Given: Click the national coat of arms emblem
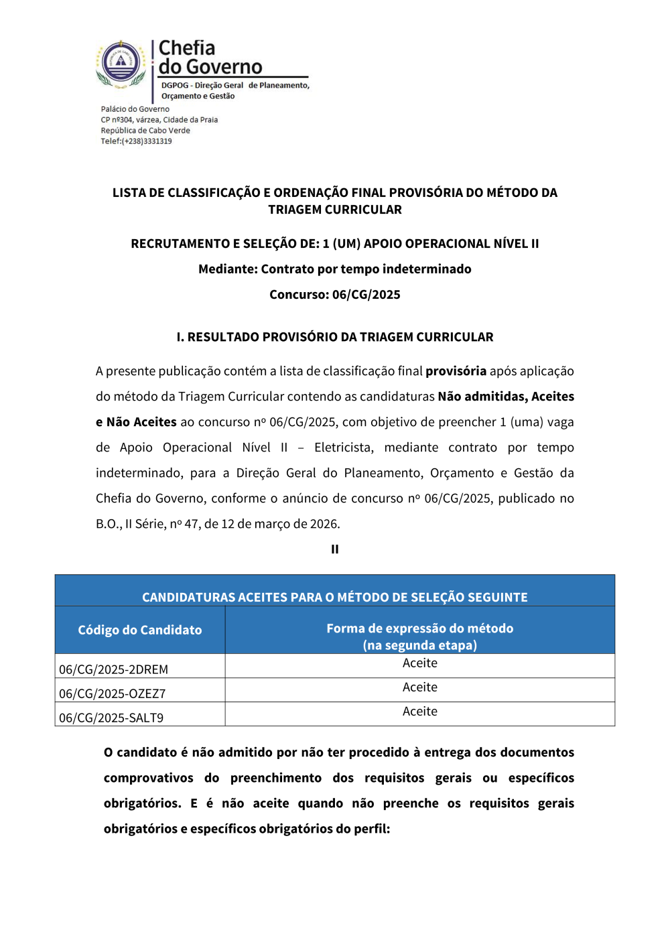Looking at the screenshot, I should click(x=121, y=64).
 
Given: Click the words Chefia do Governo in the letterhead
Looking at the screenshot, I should click(x=210, y=58).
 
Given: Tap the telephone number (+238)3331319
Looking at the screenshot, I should click(x=147, y=141).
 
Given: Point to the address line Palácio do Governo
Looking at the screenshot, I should click(x=135, y=109).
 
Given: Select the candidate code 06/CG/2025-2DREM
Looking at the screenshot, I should click(x=113, y=669).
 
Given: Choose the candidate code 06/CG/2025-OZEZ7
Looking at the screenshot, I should click(x=112, y=693).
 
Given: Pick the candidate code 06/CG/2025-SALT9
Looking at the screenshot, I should click(x=111, y=718).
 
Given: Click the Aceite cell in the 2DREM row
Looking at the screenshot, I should click(x=419, y=663).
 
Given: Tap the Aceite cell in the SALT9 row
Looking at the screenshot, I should click(x=419, y=712).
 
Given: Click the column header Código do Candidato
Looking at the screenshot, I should click(x=139, y=630).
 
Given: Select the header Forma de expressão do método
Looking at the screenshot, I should click(x=419, y=628).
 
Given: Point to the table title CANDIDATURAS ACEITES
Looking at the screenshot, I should click(x=334, y=597).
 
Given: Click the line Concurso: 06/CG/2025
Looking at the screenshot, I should click(x=334, y=295).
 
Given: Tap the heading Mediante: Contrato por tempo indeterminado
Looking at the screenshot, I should click(x=334, y=269).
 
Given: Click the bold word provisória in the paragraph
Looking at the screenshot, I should click(x=456, y=371).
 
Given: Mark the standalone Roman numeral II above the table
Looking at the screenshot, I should click(x=334, y=549).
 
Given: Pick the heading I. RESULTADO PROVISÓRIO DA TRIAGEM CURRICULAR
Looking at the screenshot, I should click(x=334, y=337).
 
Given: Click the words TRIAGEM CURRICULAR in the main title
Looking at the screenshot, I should click(x=334, y=210).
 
